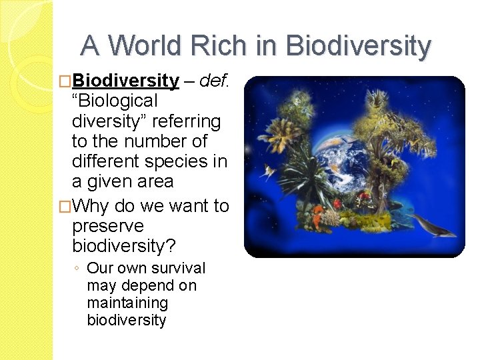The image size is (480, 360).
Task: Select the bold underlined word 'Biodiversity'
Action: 125,81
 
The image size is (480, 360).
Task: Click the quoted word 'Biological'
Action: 115,101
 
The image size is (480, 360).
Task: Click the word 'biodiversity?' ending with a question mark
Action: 124,246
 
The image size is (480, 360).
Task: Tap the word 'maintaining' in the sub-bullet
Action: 127,303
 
